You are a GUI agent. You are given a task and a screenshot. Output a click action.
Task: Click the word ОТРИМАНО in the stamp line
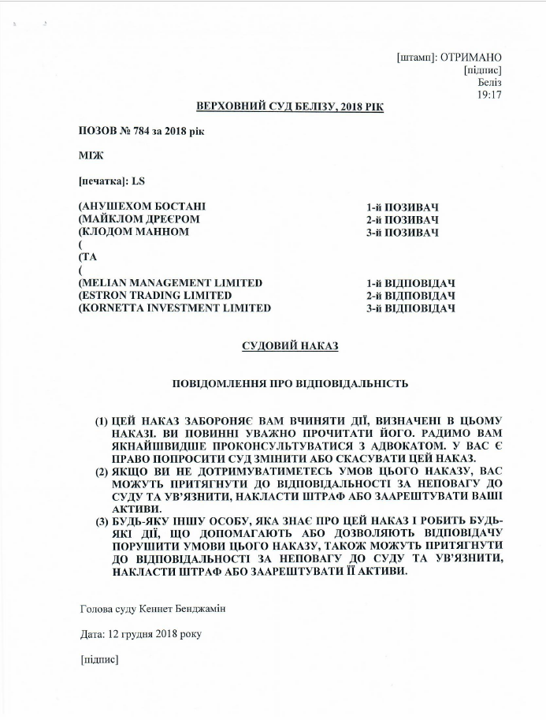click(x=471, y=58)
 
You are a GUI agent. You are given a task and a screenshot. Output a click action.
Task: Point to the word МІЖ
click(x=91, y=155)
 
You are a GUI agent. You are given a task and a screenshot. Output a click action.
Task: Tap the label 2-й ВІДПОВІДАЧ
click(x=411, y=295)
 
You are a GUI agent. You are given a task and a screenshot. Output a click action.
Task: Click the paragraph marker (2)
click(x=102, y=471)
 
